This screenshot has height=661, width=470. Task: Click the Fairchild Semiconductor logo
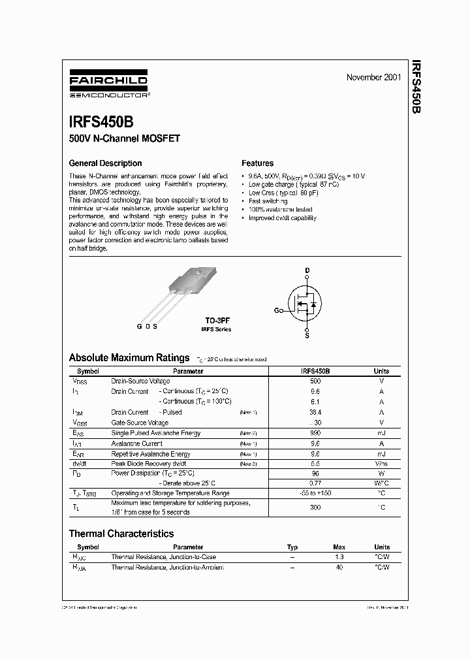(108, 85)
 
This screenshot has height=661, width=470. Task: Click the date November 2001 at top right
(373, 78)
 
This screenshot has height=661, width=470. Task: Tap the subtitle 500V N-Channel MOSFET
(124, 138)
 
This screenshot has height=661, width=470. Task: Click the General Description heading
(105, 163)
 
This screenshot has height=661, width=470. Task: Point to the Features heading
(257, 163)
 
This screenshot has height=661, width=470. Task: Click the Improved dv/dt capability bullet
(282, 218)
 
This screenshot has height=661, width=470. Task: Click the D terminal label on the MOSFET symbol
(307, 270)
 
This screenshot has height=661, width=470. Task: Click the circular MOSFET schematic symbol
(307, 304)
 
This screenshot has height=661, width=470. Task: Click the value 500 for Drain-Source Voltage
(315, 381)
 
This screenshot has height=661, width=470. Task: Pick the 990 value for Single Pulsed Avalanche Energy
(315, 433)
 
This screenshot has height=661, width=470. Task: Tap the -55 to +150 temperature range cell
(315, 494)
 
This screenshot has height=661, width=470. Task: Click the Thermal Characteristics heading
(121, 534)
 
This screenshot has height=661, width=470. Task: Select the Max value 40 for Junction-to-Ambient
(339, 568)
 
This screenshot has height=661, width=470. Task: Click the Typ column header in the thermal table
(292, 547)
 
